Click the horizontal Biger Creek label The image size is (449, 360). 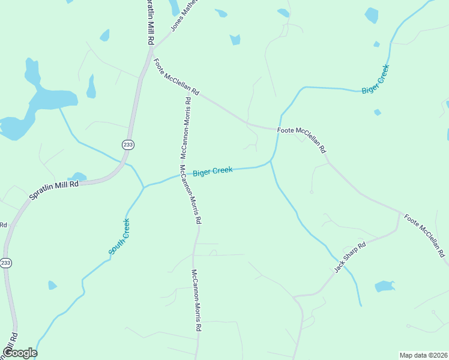[212, 171]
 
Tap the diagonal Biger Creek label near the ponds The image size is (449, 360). [376, 79]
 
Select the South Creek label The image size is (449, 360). [119, 236]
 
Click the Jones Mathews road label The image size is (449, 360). [184, 15]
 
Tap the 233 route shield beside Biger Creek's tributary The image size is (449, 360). [128, 145]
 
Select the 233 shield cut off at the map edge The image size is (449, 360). [6, 263]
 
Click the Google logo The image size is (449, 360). [20, 353]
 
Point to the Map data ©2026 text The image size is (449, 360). [423, 355]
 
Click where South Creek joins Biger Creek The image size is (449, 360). [143, 187]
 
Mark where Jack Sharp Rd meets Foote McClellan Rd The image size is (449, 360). [399, 213]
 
